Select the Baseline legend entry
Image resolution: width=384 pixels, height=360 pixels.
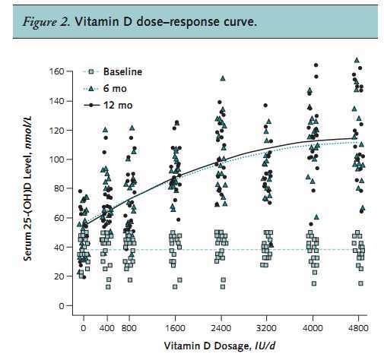(x=123, y=71)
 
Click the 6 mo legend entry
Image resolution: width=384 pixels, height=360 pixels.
(x=115, y=89)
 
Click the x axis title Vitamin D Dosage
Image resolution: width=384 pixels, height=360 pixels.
(x=202, y=346)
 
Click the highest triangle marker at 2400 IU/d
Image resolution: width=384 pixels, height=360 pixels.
(x=223, y=78)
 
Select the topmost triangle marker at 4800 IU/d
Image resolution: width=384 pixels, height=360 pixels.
(x=357, y=60)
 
